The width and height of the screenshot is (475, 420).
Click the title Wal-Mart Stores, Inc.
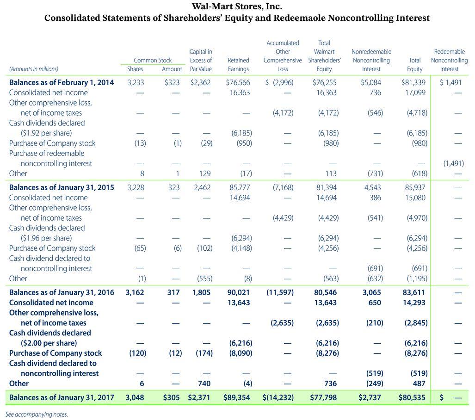tap(237, 7)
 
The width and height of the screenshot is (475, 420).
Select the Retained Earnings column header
tap(238, 65)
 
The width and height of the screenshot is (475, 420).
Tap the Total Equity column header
tap(414, 65)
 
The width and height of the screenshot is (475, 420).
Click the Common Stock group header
tap(152, 60)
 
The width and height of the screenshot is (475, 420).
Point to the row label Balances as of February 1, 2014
tap(62, 83)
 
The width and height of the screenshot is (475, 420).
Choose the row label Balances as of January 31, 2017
tap(62, 397)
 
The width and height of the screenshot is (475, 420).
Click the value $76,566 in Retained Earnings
tap(238, 83)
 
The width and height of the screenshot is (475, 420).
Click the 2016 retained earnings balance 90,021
tap(239, 292)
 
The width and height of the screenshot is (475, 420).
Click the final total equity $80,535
tap(412, 397)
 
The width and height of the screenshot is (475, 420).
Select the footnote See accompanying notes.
tap(37, 414)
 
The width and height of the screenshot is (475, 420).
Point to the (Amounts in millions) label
tap(34, 69)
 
